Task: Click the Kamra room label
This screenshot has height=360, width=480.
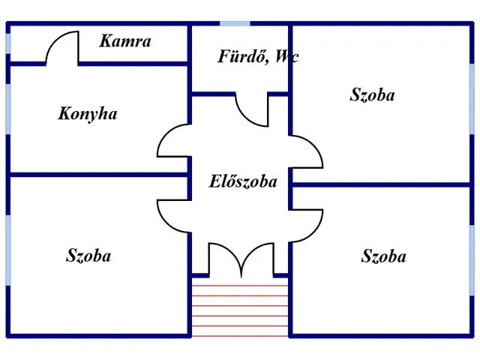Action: [125, 42]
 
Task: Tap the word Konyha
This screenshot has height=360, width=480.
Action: [88, 115]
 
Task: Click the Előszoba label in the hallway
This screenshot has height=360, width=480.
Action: [242, 181]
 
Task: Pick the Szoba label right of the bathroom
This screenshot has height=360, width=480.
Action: [372, 95]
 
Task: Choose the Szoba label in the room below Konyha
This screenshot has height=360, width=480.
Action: [88, 256]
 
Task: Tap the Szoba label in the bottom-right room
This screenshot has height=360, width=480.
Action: [384, 256]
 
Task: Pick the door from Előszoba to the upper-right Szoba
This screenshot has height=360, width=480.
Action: [307, 150]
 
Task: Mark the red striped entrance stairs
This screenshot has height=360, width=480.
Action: [239, 307]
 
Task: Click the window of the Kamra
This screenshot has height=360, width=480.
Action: [8, 43]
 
